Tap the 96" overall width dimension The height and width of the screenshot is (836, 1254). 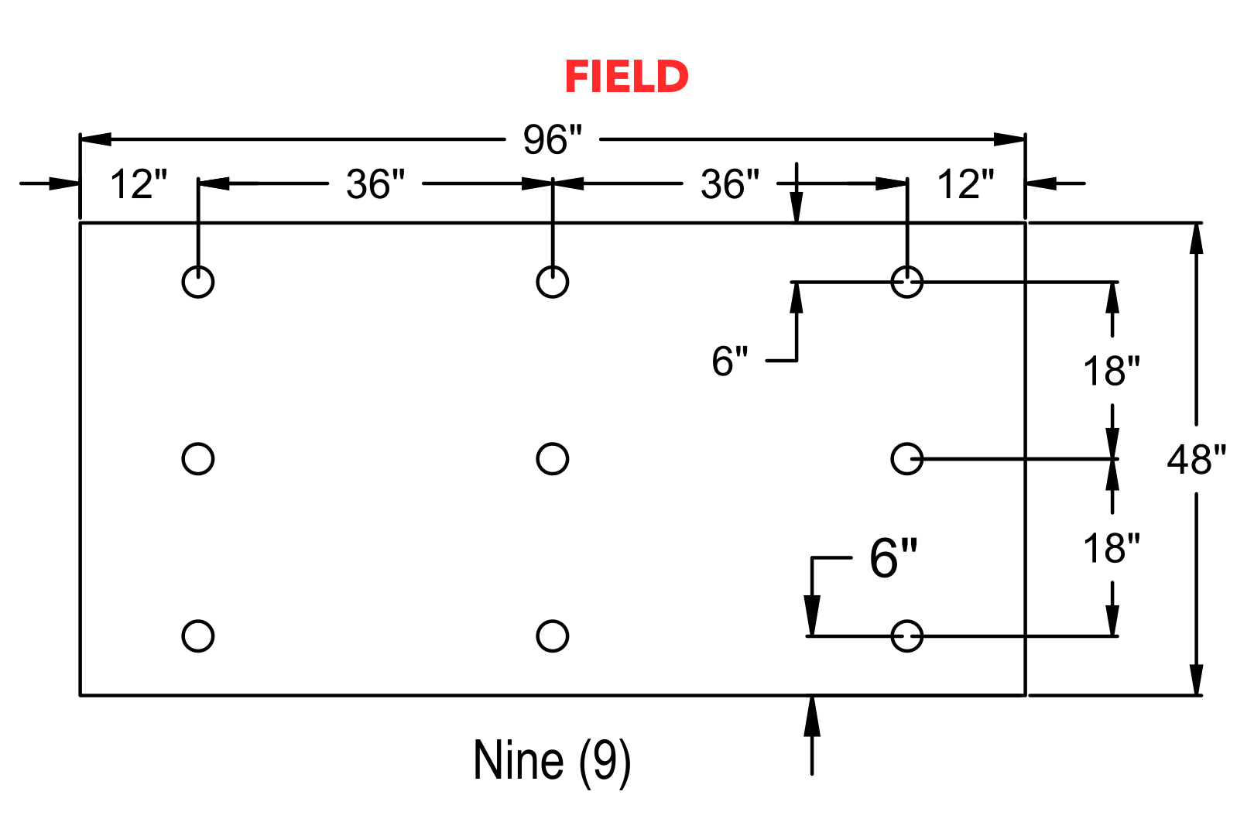pos(553,139)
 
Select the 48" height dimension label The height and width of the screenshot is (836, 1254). pos(1197,460)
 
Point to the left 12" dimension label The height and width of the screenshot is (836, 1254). pos(139,183)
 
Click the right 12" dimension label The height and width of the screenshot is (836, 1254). pos(966,183)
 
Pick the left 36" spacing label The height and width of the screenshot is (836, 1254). pos(375,183)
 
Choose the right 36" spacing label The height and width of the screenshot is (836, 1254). pos(729,183)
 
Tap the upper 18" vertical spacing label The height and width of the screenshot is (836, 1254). pos(1112,371)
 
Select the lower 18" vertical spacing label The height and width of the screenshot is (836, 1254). pos(1112,548)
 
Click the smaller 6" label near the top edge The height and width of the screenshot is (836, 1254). pos(729,361)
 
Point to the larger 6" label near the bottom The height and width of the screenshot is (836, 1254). pos(893,557)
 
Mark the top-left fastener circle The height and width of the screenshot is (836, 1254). pos(183,282)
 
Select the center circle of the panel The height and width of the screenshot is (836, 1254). pos(537,459)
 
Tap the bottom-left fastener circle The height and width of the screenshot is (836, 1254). pos(183,636)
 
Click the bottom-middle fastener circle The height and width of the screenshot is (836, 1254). pos(537,636)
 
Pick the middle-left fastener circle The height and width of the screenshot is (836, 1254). pos(183,459)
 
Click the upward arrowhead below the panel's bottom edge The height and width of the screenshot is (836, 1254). pos(812,716)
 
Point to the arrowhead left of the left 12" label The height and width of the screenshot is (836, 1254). pos(63,183)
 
